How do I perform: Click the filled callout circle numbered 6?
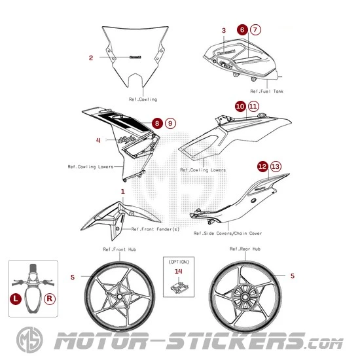coord(242,29)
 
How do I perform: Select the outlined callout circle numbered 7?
coord(255,29)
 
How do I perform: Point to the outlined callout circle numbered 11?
coord(253,105)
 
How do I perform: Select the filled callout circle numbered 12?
coord(262,166)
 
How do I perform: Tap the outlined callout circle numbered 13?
coord(276,166)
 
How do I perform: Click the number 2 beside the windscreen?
coord(91,58)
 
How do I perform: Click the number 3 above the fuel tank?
coord(224,31)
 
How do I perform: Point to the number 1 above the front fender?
coord(122,191)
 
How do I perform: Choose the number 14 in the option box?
coord(179,270)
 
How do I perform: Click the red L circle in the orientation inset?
coord(16,298)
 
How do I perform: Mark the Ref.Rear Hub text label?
coord(245,249)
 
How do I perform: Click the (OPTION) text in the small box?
coord(179,261)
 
